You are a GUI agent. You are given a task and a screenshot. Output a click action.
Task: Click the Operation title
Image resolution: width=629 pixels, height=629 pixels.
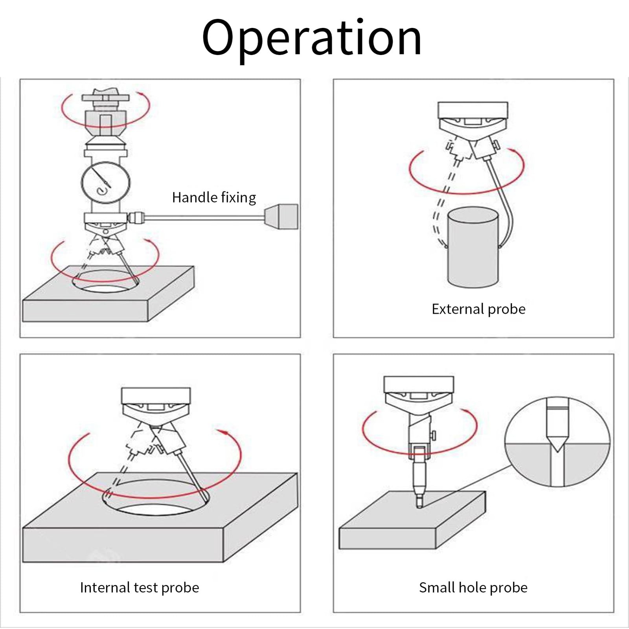click(312, 39)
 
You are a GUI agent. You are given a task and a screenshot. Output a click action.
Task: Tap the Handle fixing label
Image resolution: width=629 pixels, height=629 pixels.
click(214, 197)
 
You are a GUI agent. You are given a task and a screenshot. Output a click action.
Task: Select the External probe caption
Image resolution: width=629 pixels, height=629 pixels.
click(478, 309)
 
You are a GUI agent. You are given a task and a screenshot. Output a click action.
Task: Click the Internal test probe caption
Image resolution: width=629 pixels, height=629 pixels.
click(140, 588)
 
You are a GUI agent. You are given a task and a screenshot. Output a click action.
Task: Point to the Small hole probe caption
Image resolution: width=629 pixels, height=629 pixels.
click(473, 588)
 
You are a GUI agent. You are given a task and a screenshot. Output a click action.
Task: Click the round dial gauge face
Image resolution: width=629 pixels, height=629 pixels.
click(106, 183)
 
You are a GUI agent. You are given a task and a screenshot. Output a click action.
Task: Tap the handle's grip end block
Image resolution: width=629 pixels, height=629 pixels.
click(281, 216)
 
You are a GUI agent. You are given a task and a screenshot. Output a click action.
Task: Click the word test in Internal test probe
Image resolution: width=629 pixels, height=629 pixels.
click(145, 588)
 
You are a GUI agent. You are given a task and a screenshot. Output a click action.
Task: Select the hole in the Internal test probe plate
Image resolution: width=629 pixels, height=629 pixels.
click(156, 497)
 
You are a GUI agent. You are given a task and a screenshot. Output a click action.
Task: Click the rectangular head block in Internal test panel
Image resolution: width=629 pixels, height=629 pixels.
click(156, 396)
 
